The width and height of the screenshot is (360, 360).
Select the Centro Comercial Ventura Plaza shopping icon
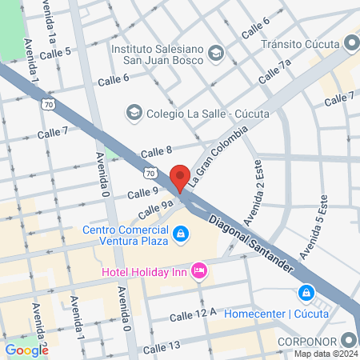pos(182,234)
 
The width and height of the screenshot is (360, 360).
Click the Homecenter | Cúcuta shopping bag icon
pos(306,294)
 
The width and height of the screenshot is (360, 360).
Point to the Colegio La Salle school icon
pos(134,113)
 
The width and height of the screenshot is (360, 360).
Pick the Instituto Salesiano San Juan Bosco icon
pos(215,54)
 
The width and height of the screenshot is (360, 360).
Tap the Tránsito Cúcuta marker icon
pos(350,43)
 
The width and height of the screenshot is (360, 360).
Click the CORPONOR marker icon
pos(348,340)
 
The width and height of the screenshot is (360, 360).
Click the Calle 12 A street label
pos(193,317)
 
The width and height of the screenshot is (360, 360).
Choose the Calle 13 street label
pos(161,349)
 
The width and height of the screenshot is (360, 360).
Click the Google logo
pos(26,350)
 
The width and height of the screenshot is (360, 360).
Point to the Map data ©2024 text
pos(324,354)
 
